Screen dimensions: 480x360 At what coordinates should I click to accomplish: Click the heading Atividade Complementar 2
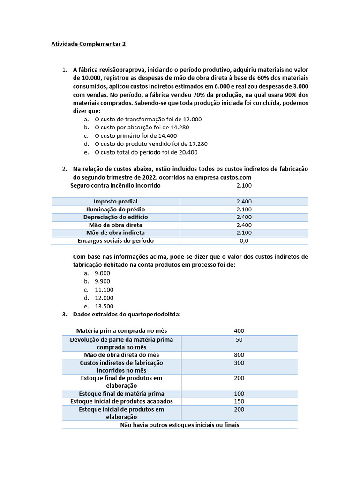(88, 45)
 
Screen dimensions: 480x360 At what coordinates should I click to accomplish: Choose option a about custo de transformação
(148, 119)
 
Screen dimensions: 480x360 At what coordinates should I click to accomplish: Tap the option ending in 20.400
(146, 152)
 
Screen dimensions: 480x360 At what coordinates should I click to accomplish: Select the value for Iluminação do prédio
(244, 209)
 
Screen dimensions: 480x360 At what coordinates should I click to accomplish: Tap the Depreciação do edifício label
(115, 217)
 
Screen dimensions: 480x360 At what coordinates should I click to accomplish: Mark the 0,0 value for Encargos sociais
(244, 240)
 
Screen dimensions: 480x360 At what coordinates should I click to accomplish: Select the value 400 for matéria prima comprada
(239, 330)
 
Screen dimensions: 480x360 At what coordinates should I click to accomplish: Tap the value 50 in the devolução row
(239, 339)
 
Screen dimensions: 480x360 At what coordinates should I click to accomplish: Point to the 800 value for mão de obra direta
(239, 355)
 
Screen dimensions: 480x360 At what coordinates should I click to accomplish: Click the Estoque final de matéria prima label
(121, 393)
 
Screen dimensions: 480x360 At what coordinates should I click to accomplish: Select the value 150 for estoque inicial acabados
(239, 401)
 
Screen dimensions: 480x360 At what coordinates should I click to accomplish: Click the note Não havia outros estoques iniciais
(180, 425)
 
